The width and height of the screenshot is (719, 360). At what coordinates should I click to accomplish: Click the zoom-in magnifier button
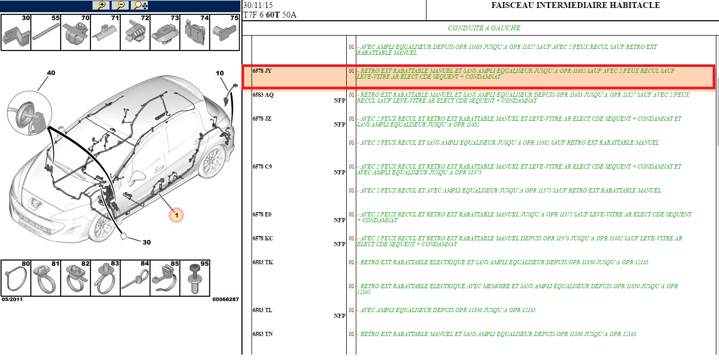coord(101,5)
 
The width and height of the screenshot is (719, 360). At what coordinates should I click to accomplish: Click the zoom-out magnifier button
coord(120,5)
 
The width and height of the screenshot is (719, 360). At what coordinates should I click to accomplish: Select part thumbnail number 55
coord(46,32)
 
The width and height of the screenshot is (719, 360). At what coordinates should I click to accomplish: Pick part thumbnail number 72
coord(135,32)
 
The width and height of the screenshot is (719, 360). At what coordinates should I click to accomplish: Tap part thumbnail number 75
coord(224,32)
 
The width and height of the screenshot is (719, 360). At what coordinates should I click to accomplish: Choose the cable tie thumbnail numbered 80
coord(16,278)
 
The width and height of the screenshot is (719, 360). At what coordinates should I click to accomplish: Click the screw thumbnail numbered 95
coord(195,278)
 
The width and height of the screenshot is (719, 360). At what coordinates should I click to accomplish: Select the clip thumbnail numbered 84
coord(135,278)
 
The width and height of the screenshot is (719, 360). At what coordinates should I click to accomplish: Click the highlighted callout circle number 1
coord(176,215)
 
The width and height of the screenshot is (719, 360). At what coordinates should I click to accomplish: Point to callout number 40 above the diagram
coord(51,73)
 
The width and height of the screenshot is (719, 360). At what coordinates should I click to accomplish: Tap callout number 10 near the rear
coord(220,73)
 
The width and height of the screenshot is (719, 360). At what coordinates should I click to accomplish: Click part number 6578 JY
coord(262,71)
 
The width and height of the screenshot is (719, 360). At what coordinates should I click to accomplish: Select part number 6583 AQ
coord(263,95)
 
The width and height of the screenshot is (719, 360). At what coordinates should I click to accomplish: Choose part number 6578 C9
coord(262,166)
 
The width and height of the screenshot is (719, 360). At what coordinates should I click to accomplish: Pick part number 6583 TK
coord(263,262)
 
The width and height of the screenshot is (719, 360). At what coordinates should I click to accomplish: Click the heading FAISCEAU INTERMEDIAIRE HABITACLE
coord(575,5)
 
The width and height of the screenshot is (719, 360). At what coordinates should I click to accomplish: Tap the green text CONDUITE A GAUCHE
coord(484,28)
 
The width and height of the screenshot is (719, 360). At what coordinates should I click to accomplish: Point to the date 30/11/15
coord(258,5)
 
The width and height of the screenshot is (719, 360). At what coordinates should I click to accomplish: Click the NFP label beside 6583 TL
coord(339,316)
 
